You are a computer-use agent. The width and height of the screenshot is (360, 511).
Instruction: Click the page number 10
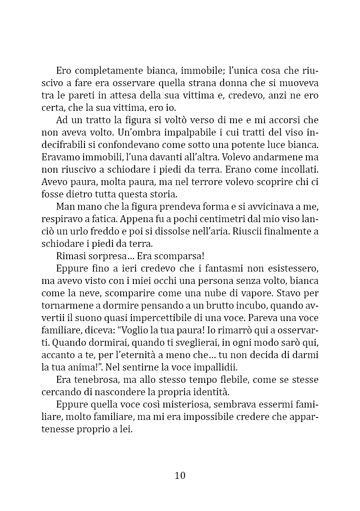[x=180, y=476]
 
